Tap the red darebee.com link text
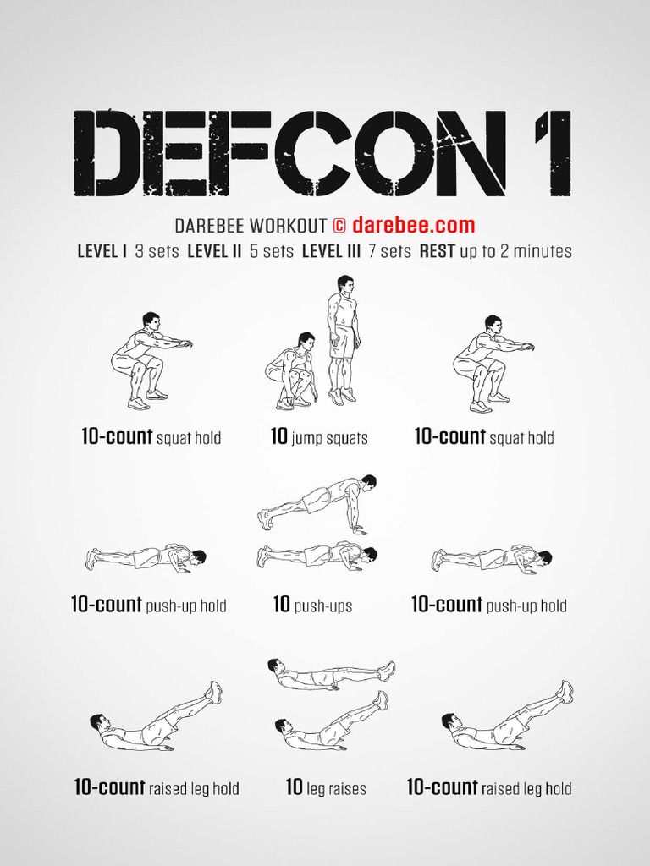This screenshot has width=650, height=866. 413,226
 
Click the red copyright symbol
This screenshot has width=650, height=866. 339,226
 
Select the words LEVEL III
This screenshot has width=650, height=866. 332,251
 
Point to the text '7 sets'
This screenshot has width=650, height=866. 390,251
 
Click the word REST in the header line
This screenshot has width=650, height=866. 438,251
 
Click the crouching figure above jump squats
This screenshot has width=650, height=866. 292,370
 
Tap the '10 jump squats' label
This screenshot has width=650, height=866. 319,438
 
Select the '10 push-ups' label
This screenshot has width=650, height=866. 312,606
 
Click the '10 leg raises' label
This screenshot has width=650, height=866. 326,788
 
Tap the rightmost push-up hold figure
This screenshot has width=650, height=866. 492,559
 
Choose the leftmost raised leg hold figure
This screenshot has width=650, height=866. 156,718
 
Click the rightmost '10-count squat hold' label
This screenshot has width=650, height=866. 484,437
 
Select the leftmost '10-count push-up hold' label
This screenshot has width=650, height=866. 148,606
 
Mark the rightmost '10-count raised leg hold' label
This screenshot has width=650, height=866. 489,788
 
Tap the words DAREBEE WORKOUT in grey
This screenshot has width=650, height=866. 251,226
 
